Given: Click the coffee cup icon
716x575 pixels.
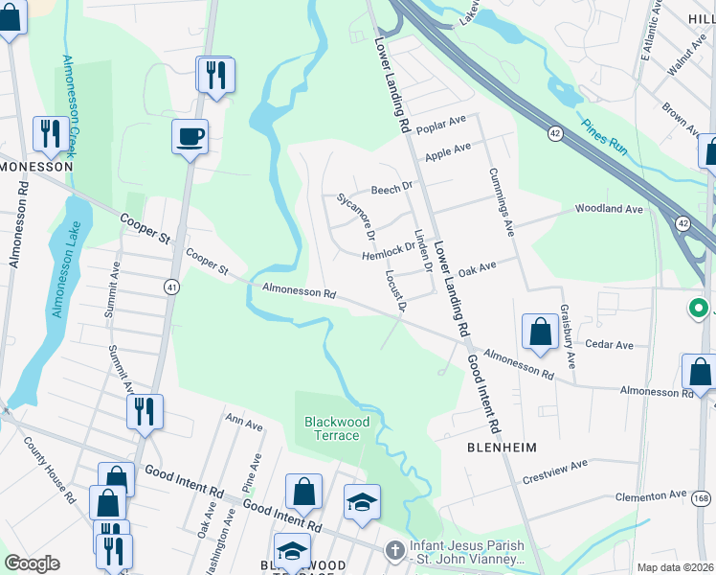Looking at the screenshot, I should [x=190, y=136].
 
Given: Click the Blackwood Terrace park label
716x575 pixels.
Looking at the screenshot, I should [x=332, y=428].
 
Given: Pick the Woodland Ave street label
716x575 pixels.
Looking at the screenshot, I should [x=608, y=208].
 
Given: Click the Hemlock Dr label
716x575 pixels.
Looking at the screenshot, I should [x=387, y=252].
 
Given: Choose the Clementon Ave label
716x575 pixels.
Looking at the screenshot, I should [x=653, y=496].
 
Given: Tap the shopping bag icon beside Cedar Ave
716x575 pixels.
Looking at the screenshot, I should [x=540, y=332].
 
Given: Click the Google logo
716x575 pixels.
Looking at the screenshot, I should [x=32, y=563].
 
